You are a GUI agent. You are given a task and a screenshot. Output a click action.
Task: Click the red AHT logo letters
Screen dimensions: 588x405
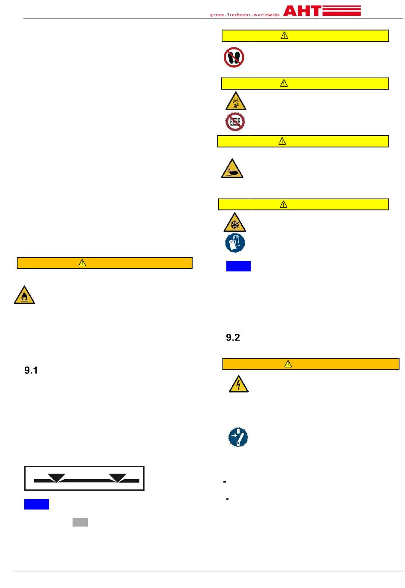click(302, 11)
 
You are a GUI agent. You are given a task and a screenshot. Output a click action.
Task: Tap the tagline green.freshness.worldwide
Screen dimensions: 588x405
click(245, 15)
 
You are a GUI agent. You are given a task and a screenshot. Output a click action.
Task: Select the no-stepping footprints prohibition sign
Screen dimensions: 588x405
click(234, 57)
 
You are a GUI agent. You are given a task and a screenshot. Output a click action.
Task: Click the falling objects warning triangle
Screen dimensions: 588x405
click(235, 102)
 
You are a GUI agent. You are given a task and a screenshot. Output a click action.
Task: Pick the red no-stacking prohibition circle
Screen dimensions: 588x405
click(235, 122)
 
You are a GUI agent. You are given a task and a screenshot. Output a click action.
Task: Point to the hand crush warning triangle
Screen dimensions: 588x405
click(232, 169)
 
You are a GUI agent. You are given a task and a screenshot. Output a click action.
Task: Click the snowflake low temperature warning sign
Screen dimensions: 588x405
click(234, 223)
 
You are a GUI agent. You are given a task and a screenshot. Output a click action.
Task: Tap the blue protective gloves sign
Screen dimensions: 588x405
click(235, 243)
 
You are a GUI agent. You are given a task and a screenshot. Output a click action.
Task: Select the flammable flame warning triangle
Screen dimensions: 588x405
click(24, 295)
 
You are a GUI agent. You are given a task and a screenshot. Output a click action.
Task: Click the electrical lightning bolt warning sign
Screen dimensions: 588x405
click(239, 384)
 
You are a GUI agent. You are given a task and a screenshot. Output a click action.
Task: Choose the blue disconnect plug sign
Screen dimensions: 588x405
click(238, 437)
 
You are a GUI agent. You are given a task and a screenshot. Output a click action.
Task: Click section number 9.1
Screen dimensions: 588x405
click(31, 370)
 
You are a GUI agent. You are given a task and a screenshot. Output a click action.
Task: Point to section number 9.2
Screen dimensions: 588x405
click(233, 338)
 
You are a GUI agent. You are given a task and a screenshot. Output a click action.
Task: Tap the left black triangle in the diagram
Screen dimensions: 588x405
click(57, 477)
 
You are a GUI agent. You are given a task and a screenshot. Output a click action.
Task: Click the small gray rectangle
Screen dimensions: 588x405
click(80, 522)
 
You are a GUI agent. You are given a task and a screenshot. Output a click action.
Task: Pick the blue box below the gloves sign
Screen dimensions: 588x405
click(238, 266)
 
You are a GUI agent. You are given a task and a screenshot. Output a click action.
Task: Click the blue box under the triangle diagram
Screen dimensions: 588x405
click(37, 504)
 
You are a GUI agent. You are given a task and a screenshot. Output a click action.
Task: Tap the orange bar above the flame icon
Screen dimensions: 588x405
click(104, 263)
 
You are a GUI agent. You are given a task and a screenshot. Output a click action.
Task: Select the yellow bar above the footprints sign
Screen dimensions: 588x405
click(305, 36)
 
